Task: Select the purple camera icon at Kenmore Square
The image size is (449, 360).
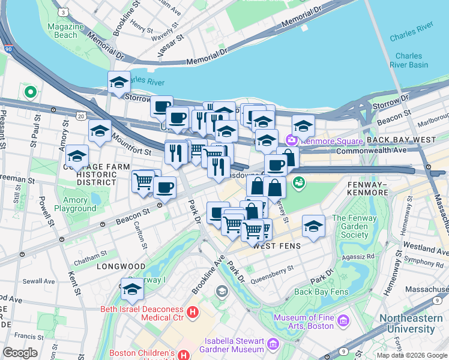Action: [292, 140]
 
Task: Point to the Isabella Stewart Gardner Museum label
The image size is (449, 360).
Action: [234, 344]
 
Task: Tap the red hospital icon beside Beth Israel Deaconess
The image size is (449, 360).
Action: [192, 312]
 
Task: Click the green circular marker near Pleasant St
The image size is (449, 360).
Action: [29, 92]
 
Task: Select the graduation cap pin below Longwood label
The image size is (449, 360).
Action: [132, 289]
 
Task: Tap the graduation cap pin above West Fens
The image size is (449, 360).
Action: [313, 226]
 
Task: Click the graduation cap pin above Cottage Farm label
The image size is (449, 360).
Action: [77, 156]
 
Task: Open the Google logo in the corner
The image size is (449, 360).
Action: [20, 353]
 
